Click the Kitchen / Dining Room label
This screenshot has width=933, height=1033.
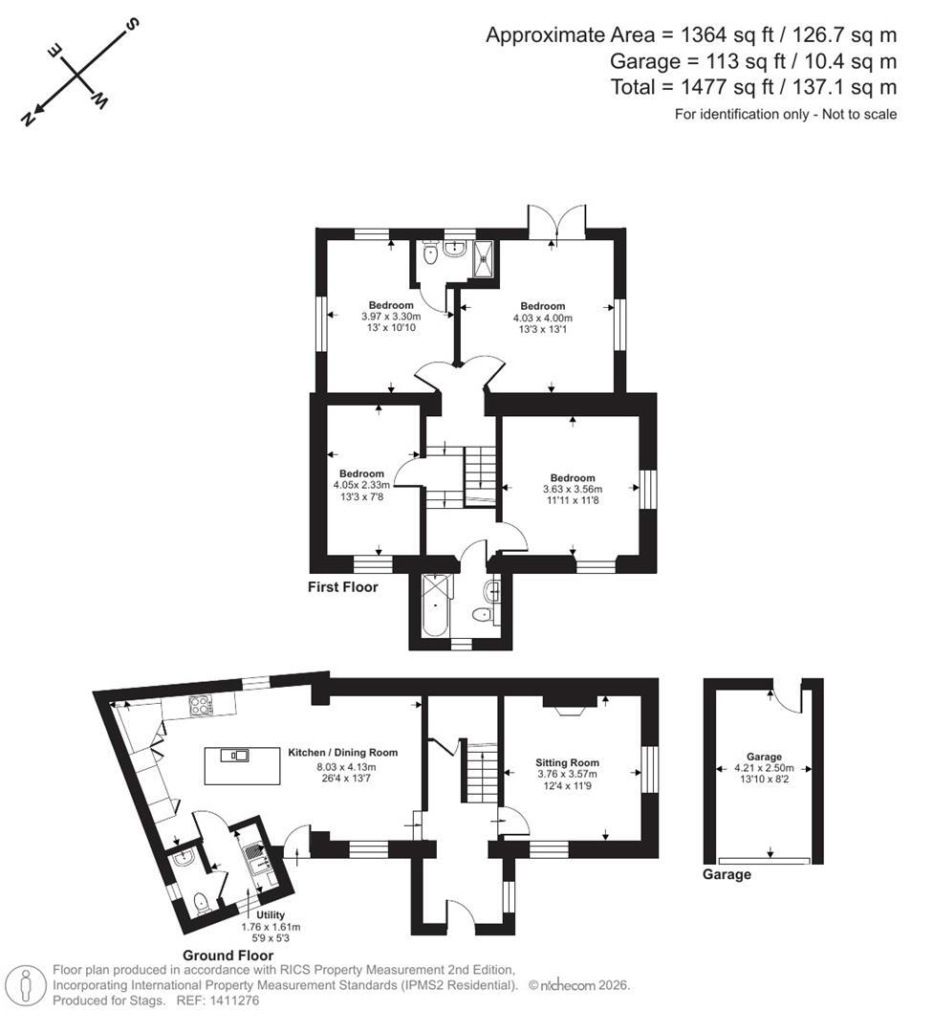pos(342,753)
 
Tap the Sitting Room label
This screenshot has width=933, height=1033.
pos(567,763)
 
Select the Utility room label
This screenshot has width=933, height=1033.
pos(270,915)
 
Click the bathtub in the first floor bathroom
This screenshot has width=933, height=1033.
pos(435,605)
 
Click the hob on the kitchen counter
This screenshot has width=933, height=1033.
pos(201,706)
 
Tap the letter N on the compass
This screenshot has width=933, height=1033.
pos(28,119)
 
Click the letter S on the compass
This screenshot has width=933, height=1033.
pos(132,24)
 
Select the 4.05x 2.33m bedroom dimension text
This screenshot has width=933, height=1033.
pos(361,486)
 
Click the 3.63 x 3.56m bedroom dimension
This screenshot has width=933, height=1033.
pos(573,489)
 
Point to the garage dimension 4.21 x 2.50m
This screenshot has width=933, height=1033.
pos(764,768)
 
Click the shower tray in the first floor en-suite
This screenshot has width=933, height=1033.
pos(486,258)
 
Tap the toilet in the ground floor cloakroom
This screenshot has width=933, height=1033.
pos(202,903)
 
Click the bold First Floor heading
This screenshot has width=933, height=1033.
pos(342,587)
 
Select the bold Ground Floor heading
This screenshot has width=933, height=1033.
pos(228,956)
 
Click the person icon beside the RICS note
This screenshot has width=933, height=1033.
pos(26,986)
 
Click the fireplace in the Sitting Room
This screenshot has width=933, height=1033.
pos(570,705)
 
